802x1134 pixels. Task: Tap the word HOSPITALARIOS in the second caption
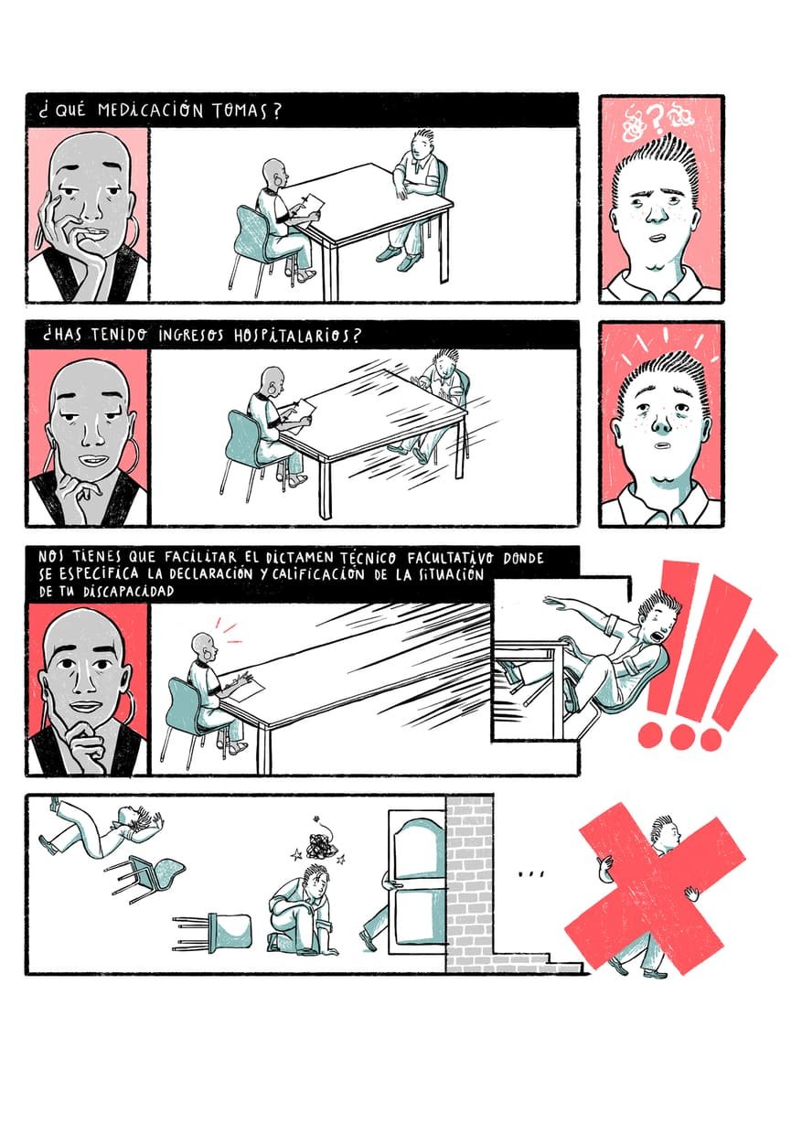tap(298, 336)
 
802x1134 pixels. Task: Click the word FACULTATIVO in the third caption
tap(450, 559)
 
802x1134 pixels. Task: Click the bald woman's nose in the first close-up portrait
tap(91, 211)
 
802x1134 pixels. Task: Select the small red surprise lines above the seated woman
tap(229, 630)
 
